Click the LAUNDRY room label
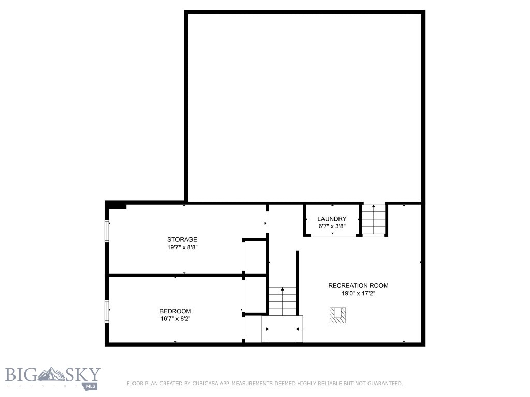click(x=332, y=219)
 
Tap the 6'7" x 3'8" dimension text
click(x=332, y=226)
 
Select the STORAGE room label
click(x=182, y=239)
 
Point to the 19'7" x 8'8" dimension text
click(x=182, y=247)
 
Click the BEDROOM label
click(x=175, y=311)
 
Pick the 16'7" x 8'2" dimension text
click(x=175, y=318)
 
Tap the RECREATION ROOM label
click(x=358, y=285)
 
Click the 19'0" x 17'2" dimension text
click(x=358, y=293)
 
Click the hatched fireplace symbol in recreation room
click(x=338, y=315)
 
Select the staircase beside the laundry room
click(x=374, y=220)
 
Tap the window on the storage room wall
click(x=107, y=231)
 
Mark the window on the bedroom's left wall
click(x=107, y=312)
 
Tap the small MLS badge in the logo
click(x=93, y=385)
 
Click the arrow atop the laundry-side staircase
click(x=374, y=206)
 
